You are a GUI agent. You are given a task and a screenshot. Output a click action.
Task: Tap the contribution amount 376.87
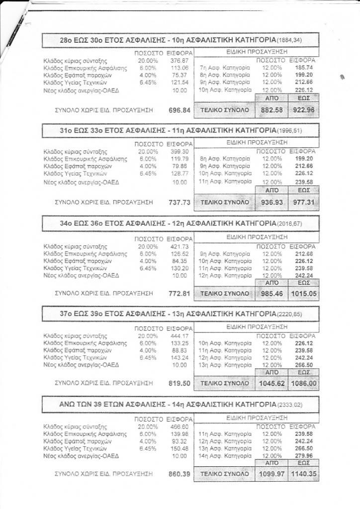[x=179, y=60]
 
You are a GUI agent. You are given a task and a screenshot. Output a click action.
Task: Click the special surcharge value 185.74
[x=303, y=67]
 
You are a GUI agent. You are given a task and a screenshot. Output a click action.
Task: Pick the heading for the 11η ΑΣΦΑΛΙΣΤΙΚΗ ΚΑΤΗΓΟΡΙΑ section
[x=180, y=130]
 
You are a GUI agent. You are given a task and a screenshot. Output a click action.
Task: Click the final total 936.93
[x=271, y=202]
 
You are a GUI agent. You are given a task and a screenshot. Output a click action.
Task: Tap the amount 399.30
[x=179, y=151]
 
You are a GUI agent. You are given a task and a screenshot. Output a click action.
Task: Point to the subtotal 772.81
[x=180, y=293]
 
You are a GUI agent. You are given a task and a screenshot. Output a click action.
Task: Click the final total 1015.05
[x=301, y=293]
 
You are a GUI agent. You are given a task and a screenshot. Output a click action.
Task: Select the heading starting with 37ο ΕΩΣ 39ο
[x=180, y=314]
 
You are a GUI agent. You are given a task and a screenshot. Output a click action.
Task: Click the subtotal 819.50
[x=180, y=383]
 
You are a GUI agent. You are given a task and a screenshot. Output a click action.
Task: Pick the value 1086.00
[x=301, y=383]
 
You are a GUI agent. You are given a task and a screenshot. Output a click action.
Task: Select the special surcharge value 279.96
[x=303, y=456]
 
